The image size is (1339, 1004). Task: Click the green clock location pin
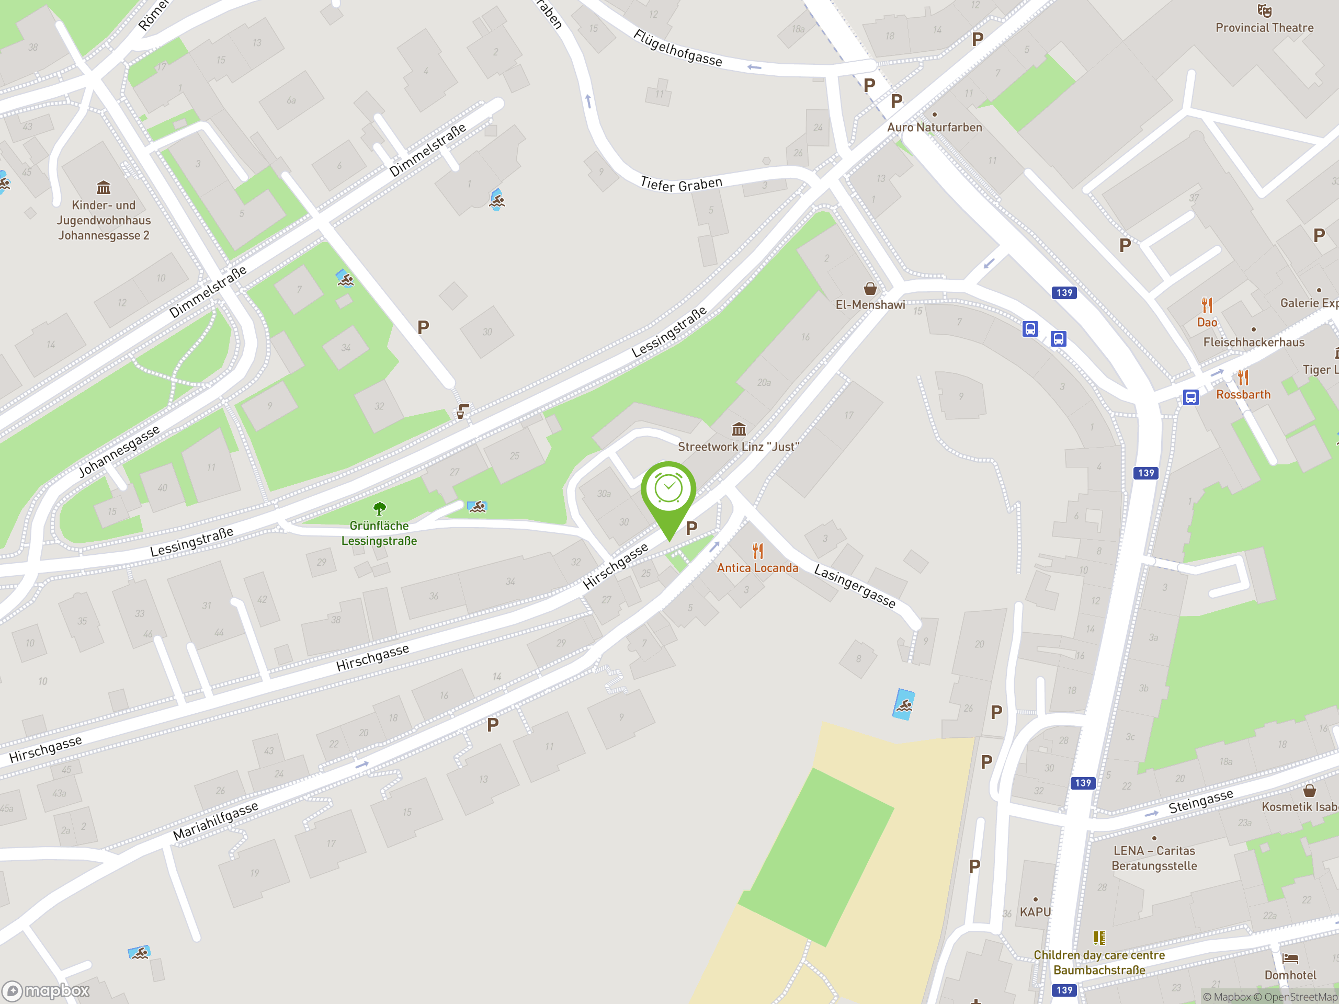[668, 490]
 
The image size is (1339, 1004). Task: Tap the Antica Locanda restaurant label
[757, 568]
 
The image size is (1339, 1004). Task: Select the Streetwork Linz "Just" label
[738, 447]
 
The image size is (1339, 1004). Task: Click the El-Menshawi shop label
[870, 305]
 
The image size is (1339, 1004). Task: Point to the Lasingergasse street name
[855, 585]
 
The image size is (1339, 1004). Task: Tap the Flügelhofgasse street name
[677, 47]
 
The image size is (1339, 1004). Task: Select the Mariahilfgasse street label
[215, 820]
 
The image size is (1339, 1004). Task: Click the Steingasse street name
[1200, 801]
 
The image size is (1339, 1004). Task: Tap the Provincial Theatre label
[1264, 28]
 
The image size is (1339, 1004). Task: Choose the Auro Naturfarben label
[934, 127]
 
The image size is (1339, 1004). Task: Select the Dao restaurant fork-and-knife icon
[1207, 304]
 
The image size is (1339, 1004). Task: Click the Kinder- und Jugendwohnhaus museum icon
[104, 188]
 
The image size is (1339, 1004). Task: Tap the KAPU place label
[1035, 911]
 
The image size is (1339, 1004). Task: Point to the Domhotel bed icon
[1290, 959]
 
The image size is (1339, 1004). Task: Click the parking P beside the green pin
[691, 528]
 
